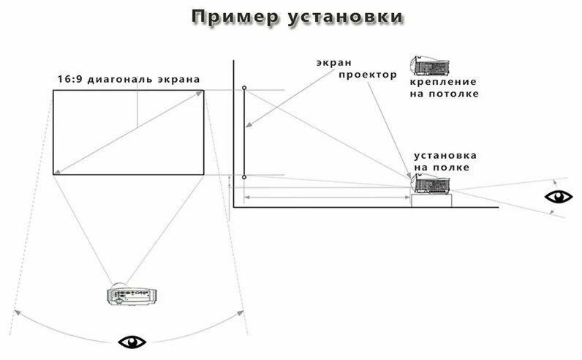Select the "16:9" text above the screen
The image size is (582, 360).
pos(70,79)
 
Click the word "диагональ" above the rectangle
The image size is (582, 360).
pos(121,79)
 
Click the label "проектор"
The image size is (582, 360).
pos(367,75)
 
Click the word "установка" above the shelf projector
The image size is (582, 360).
pos(445,156)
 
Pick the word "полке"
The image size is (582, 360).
pos(454,168)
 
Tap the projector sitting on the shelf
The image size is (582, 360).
pos(432,182)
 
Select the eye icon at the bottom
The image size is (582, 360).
pos(132,341)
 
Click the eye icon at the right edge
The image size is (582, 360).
pos(559,196)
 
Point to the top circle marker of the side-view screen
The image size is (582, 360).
pos(244,88)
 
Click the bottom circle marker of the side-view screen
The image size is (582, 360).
pos(244,177)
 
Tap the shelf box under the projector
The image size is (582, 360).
pos(432,200)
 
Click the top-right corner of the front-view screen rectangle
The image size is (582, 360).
pos(203,90)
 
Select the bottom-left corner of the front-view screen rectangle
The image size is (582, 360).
pos(53,174)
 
